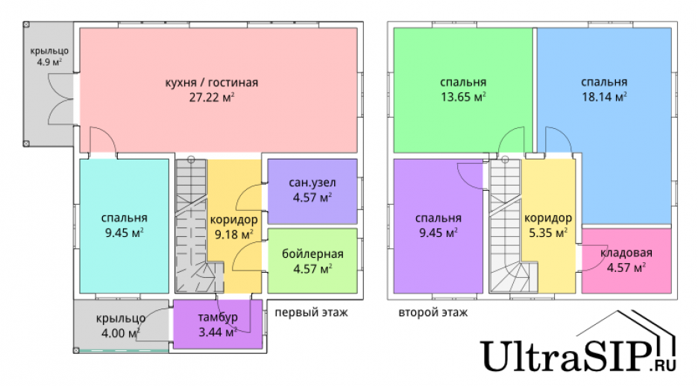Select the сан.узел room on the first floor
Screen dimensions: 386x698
(312, 191)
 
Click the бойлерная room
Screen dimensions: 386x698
(312, 261)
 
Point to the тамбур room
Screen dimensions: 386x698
(217, 325)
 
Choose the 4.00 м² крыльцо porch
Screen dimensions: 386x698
(120, 325)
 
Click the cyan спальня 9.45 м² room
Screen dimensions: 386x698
(124, 225)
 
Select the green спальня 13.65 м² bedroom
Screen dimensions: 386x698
(463, 89)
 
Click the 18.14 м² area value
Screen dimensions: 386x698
(603, 97)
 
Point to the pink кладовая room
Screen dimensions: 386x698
(626, 261)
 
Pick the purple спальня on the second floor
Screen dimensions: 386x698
(438, 225)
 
